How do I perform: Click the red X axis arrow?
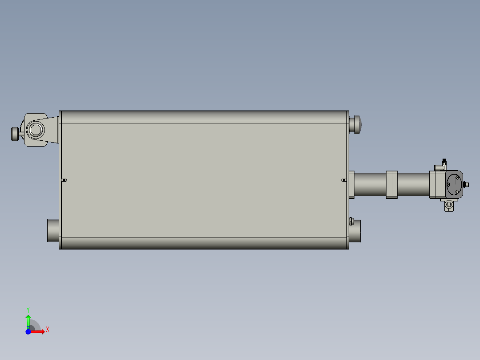coord(39,331)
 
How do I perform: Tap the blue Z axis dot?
coord(28,331)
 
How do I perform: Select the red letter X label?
coord(47,330)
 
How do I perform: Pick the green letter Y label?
coord(28,309)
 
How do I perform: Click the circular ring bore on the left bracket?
coord(35,130)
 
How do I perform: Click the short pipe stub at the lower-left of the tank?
coord(53,230)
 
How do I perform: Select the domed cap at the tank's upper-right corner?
coord(355,124)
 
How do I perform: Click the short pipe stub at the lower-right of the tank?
coord(355,231)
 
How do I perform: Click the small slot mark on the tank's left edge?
coord(64,180)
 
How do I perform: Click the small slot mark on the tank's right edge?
coord(344,180)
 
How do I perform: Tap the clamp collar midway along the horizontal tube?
coord(392,184)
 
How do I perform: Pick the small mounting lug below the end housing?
coord(449,205)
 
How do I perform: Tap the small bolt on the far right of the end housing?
coord(466,184)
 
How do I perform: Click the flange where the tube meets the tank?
coord(351,184)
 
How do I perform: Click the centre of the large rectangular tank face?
coord(204,180)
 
